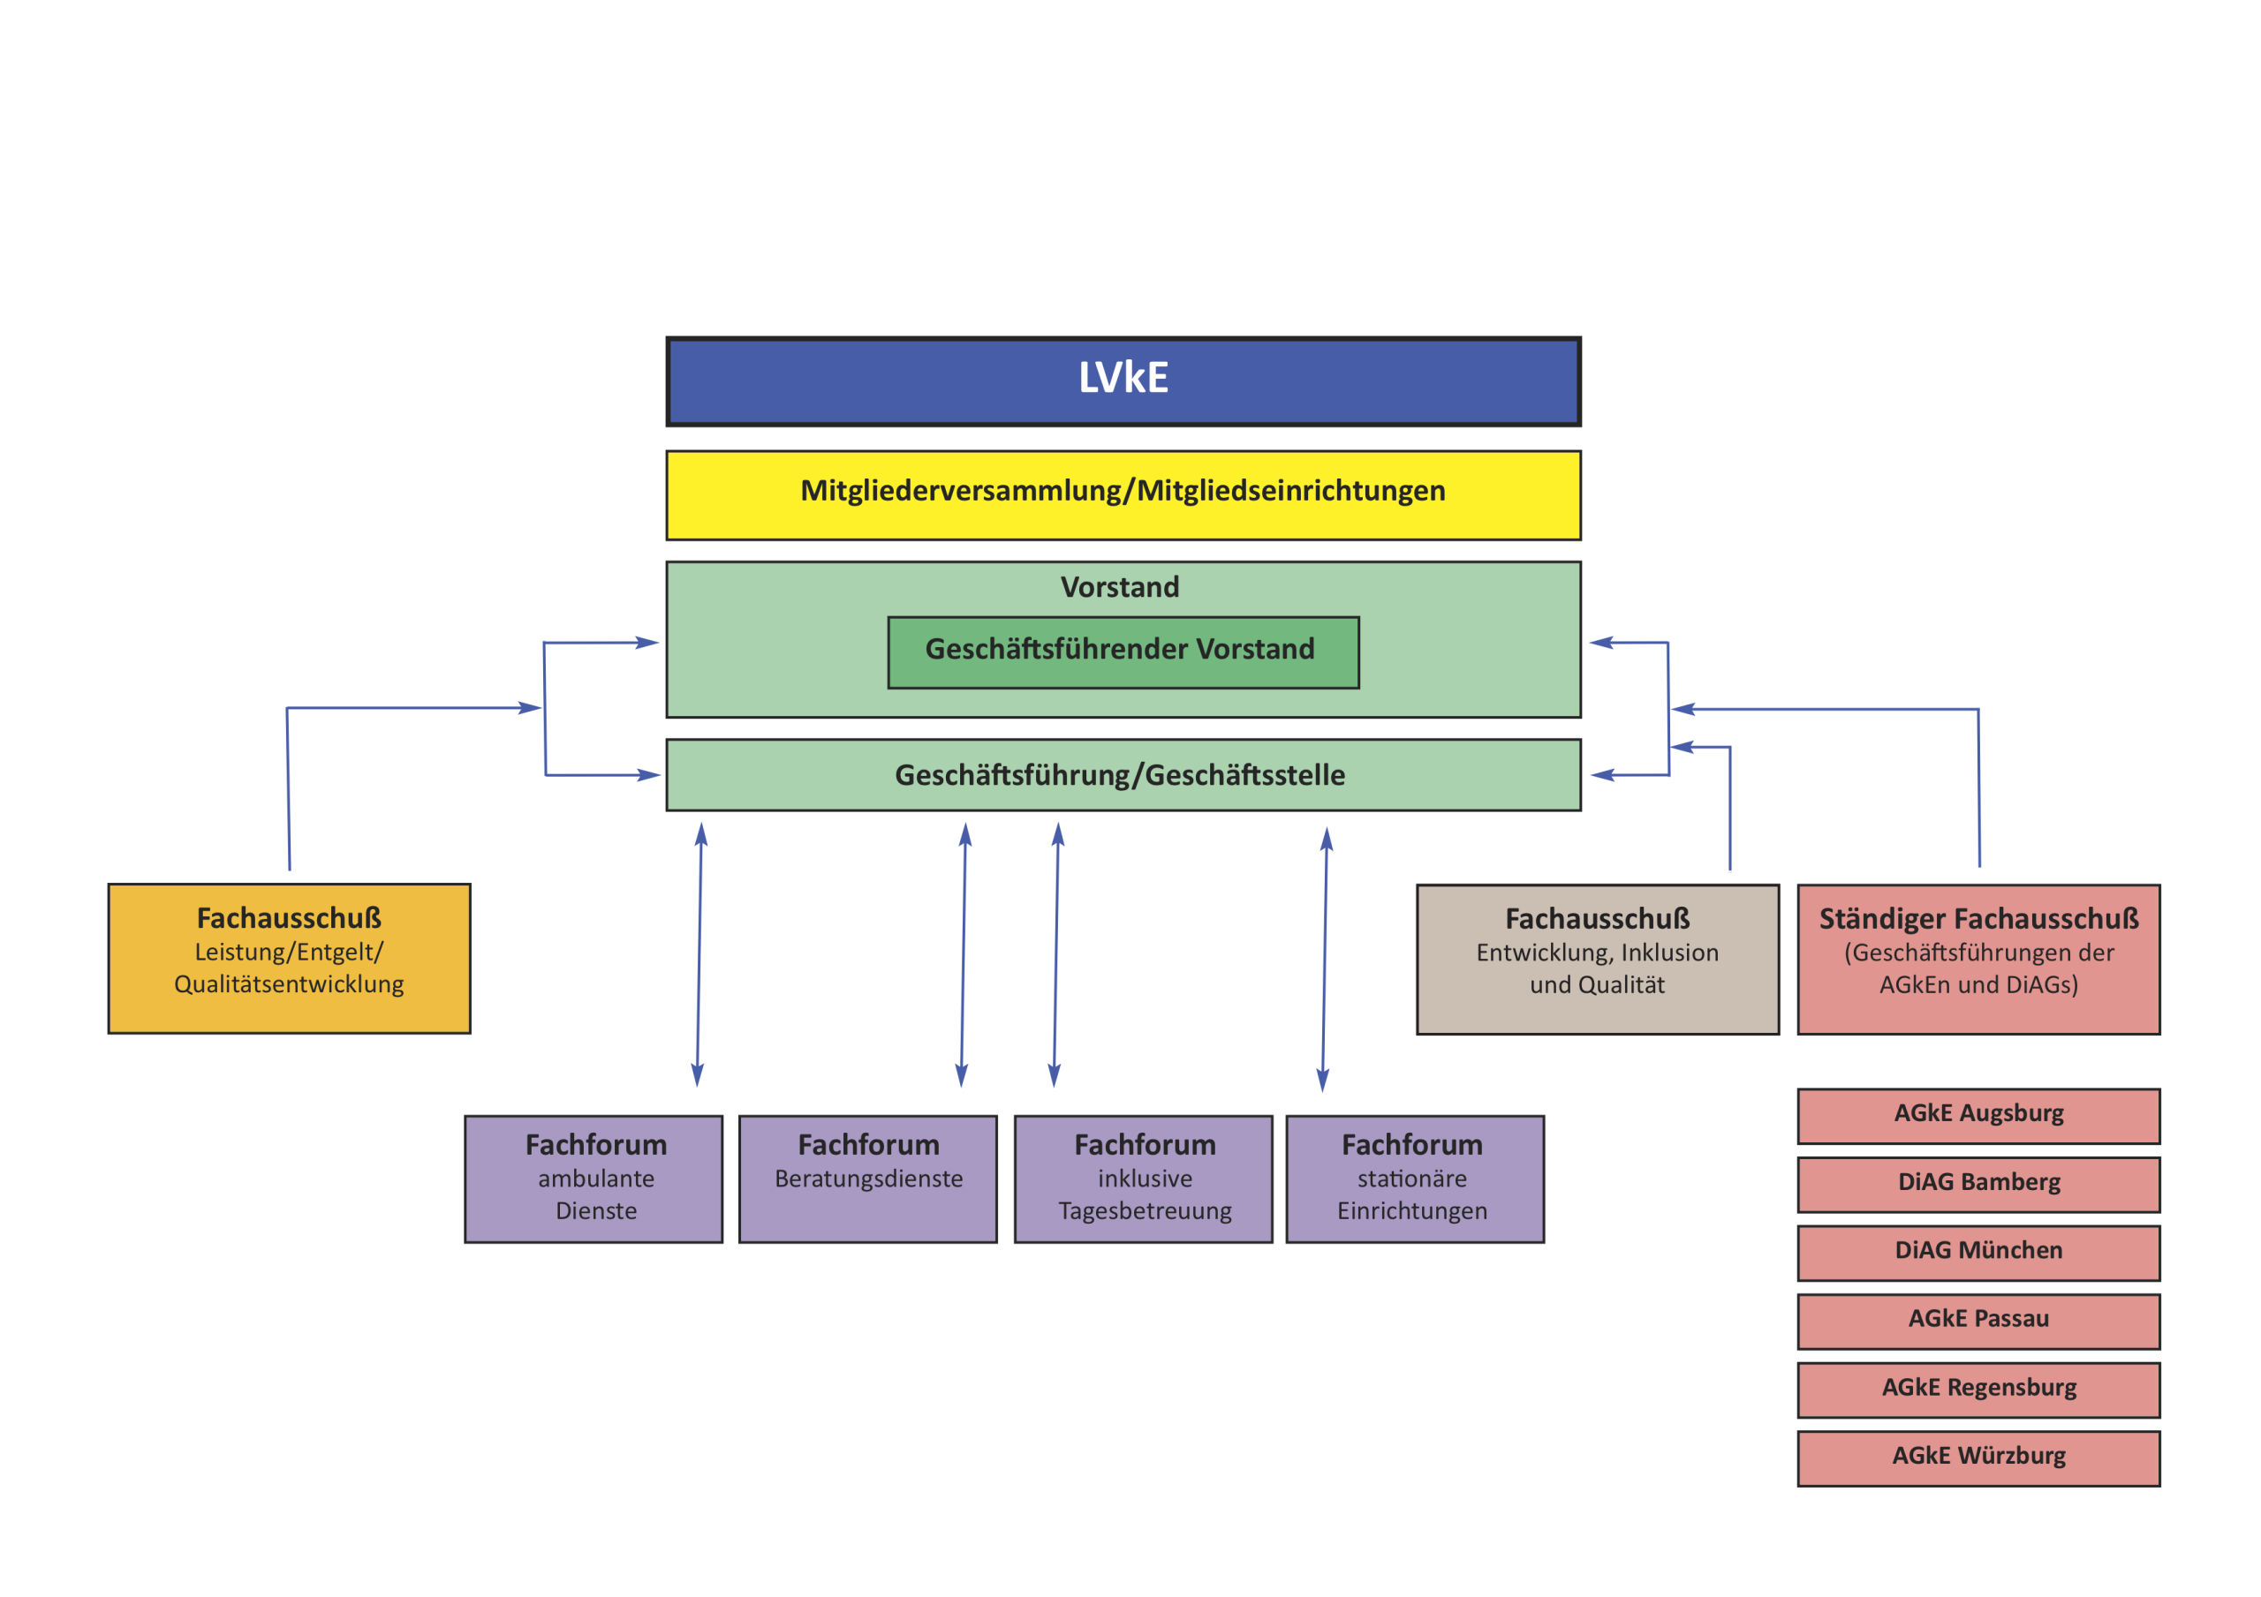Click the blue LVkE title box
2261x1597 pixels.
pos(1123,381)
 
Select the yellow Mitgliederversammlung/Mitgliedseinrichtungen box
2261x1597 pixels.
pos(1123,494)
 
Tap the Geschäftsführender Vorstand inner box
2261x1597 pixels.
pos(1123,652)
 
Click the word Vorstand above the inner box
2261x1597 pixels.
pos(1120,587)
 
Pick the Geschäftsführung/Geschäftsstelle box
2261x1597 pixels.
pos(1123,775)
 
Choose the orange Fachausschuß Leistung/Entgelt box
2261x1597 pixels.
pos(289,958)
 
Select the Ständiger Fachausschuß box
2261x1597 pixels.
pos(1978,959)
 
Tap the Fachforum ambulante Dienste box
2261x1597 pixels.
pos(594,1179)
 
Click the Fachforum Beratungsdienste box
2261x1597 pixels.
pos(867,1179)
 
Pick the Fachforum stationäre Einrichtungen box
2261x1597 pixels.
pos(1414,1179)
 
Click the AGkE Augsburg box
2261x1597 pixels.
pos(1978,1116)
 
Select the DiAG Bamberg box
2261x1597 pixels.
pos(1978,1184)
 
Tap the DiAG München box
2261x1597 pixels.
pos(1978,1253)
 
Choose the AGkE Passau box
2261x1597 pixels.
pos(1978,1321)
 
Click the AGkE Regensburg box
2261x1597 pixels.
pos(1978,1390)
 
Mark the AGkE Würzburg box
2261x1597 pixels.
pos(1978,1458)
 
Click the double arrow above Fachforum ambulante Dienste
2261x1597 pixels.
pos(699,955)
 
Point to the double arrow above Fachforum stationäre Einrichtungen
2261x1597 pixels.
pos(1325,959)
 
